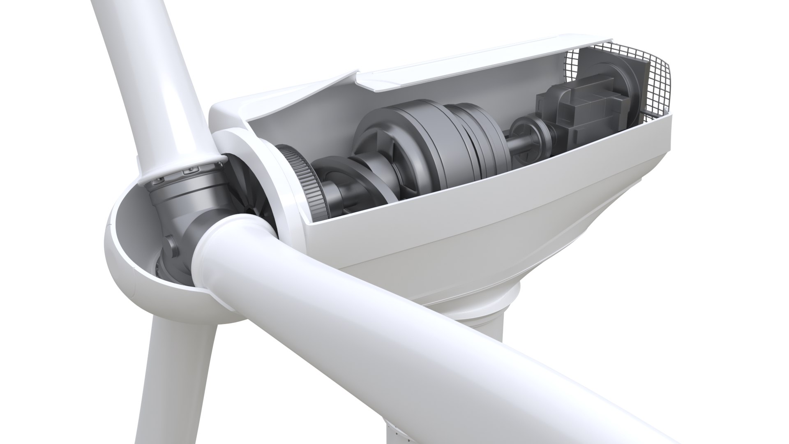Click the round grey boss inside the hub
(x=172, y=247)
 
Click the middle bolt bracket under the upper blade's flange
(x=189, y=169)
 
